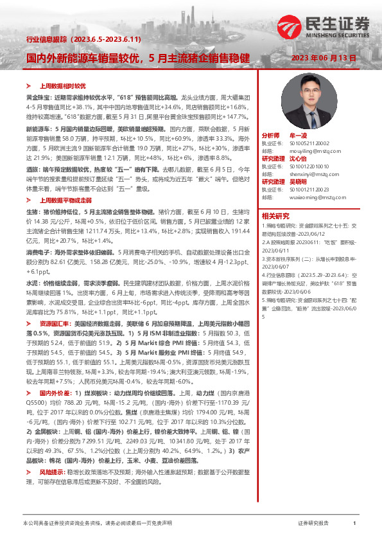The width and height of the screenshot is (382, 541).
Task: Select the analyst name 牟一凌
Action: [299, 137]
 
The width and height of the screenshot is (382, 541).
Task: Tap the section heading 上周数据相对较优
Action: [63, 84]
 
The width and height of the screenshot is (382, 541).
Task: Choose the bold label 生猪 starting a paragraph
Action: [32, 211]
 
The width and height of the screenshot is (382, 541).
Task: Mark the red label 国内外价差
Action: [55, 392]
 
